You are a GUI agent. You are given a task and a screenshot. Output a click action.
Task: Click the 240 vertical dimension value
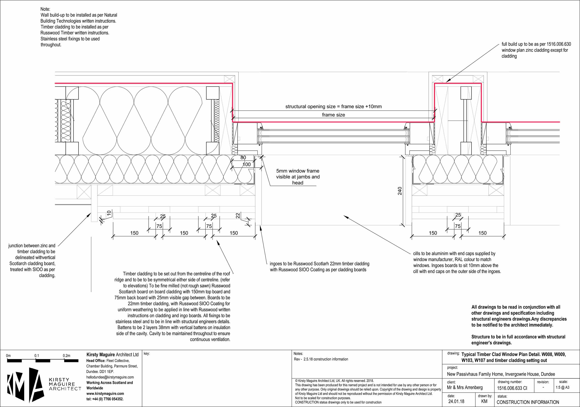(x=400, y=191)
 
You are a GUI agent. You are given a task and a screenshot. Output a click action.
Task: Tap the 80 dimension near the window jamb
(x=243, y=157)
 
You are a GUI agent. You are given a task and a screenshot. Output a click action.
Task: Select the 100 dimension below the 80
(x=246, y=164)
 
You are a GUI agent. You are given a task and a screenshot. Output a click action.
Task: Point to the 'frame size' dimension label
(x=333, y=115)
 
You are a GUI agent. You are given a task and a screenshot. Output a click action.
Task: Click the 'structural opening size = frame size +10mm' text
(x=333, y=106)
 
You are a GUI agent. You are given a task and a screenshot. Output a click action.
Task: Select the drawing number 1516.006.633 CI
(x=512, y=388)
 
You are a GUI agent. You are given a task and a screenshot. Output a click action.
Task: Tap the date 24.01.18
(x=456, y=401)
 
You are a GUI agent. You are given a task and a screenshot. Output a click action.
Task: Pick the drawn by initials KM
(x=484, y=401)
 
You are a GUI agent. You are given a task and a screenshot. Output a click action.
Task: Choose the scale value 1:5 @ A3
(x=562, y=387)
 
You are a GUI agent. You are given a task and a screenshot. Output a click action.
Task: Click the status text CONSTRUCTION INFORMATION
(x=528, y=402)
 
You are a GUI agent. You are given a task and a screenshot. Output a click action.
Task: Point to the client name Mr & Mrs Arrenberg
(x=465, y=387)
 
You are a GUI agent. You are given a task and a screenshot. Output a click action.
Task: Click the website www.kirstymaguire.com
(x=105, y=393)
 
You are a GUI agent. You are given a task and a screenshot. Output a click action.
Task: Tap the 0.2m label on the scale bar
(x=66, y=355)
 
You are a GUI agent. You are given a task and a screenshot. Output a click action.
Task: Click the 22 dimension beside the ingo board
(x=238, y=216)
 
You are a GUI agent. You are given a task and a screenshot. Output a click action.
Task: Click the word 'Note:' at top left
(x=45, y=9)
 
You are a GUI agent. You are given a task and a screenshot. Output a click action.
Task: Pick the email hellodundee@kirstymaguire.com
(x=110, y=377)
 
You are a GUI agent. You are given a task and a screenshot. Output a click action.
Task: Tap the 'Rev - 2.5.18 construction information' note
(x=321, y=359)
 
